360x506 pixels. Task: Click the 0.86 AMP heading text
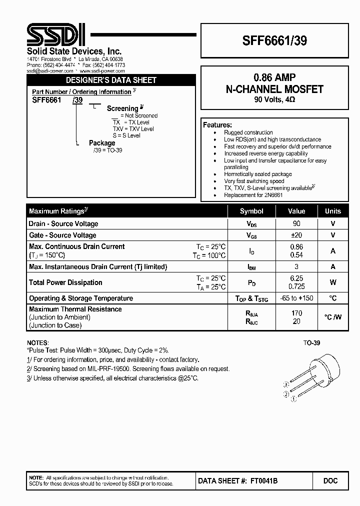[x=274, y=77]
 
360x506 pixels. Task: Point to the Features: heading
[x=217, y=124]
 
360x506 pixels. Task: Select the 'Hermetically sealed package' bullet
[x=257, y=174]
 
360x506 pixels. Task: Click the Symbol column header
[x=251, y=211]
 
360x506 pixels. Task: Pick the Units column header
[x=332, y=211]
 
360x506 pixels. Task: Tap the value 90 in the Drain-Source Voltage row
[x=296, y=223]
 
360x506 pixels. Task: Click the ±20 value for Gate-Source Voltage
[x=296, y=235]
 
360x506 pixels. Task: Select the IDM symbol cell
[x=251, y=267]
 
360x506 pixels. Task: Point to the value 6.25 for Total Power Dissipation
[x=296, y=278]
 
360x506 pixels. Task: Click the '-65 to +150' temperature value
[x=296, y=298]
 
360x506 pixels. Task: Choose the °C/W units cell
[x=332, y=317]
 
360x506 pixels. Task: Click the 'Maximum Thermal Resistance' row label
[x=75, y=309]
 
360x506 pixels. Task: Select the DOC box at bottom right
[x=330, y=480]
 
